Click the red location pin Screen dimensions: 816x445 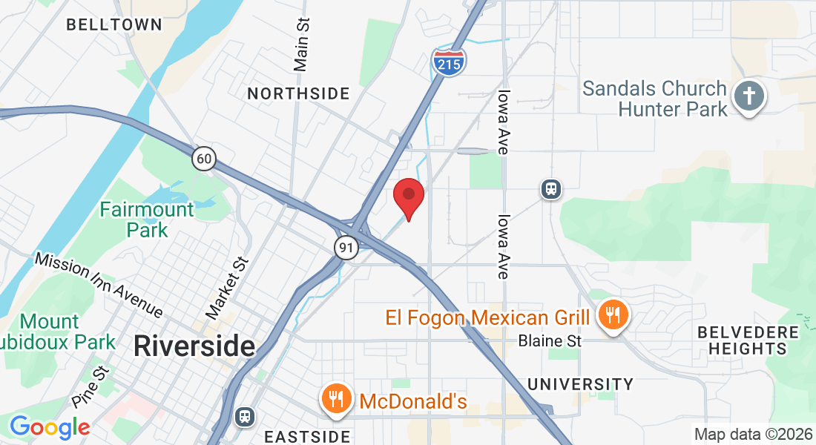(407, 197)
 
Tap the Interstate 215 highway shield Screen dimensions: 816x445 (449, 62)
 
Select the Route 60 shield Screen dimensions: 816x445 (204, 158)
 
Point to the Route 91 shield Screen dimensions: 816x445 (346, 248)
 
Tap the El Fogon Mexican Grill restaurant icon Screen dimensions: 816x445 (613, 317)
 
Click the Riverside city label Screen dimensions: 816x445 (194, 346)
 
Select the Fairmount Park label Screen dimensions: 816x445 (147, 220)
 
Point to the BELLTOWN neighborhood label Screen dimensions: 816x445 (113, 24)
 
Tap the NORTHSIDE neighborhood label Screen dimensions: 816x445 (298, 93)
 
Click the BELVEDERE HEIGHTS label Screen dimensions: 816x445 (748, 340)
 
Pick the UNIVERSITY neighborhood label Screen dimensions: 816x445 (580, 384)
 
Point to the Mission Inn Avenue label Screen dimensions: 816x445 (99, 284)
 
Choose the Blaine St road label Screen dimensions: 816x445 (550, 341)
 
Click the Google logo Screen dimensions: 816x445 (50, 427)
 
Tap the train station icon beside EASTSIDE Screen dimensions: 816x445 (244, 416)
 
